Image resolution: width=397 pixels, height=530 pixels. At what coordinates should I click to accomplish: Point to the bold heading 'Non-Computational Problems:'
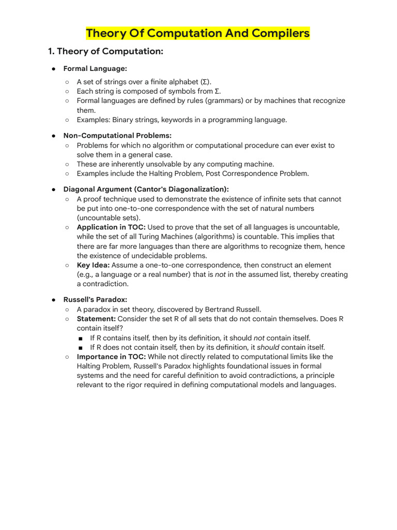(x=110, y=135)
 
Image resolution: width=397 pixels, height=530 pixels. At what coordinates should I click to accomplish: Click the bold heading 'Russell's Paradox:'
(x=95, y=300)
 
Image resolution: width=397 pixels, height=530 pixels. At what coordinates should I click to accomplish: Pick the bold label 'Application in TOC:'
(x=111, y=227)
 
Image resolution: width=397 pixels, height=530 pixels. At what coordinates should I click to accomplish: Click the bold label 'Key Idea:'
(x=93, y=265)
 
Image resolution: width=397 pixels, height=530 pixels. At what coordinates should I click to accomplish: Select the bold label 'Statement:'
(x=96, y=319)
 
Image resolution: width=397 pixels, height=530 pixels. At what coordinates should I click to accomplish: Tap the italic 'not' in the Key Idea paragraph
(x=221, y=274)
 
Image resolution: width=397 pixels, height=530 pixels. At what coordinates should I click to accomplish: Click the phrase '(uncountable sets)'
(x=108, y=218)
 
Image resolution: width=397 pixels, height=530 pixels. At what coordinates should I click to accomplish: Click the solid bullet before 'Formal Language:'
(x=53, y=68)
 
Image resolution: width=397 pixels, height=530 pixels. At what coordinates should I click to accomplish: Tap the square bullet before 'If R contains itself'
(x=81, y=338)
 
